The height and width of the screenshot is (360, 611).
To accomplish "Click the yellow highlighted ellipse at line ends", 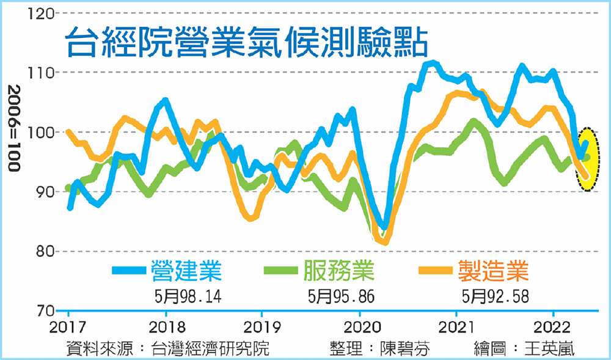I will coord(587,159).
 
